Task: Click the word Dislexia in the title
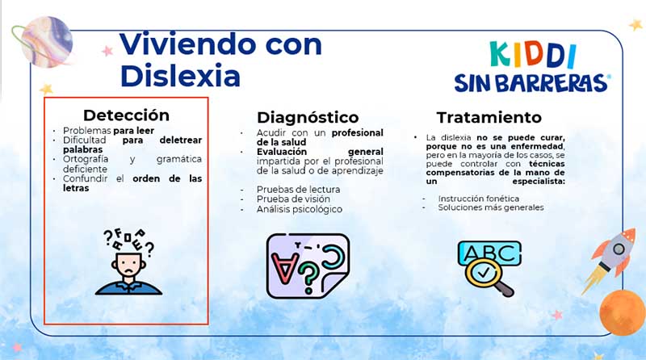(180, 75)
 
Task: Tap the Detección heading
(126, 115)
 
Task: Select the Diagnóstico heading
(308, 117)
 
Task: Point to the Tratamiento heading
(489, 117)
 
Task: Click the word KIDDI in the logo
(533, 55)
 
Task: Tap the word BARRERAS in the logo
(552, 83)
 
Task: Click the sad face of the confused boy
(129, 266)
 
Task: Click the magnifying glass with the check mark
(489, 277)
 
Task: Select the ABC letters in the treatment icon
(489, 252)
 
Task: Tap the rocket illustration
(609, 258)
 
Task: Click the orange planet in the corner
(622, 312)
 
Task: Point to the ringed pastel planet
(45, 41)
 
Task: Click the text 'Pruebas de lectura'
(298, 190)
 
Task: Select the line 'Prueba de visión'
(293, 199)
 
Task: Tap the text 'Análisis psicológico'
(299, 209)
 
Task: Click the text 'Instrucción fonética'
(478, 199)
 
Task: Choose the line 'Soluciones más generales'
(491, 207)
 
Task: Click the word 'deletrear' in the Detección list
(180, 140)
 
